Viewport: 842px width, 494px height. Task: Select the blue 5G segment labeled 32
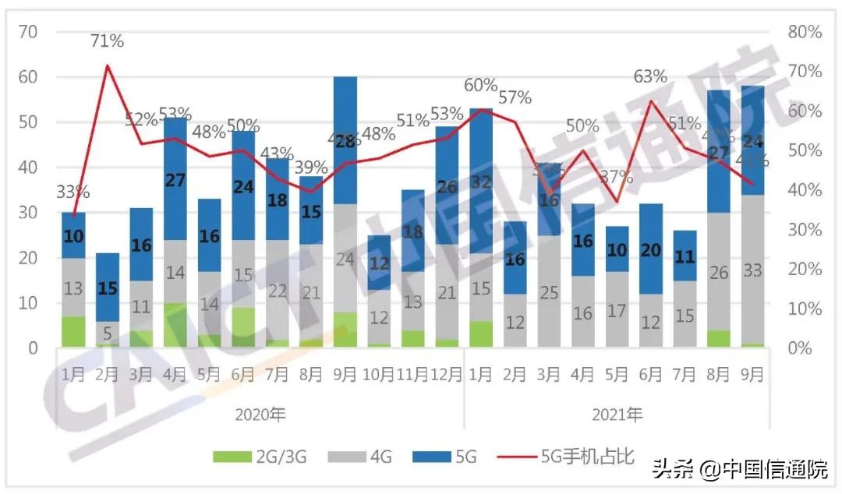[481, 182]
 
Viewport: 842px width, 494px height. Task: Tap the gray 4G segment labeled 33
[752, 271]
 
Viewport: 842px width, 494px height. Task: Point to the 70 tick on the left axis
[29, 32]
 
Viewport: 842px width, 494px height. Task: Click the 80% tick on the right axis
[805, 32]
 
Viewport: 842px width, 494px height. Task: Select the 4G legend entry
[364, 457]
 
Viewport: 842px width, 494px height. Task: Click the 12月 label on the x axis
[447, 374]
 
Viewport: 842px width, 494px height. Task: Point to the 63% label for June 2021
[650, 76]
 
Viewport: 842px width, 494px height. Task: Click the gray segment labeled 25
[549, 293]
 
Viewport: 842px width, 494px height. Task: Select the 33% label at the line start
[73, 191]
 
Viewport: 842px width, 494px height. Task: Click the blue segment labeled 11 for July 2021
[685, 256]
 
